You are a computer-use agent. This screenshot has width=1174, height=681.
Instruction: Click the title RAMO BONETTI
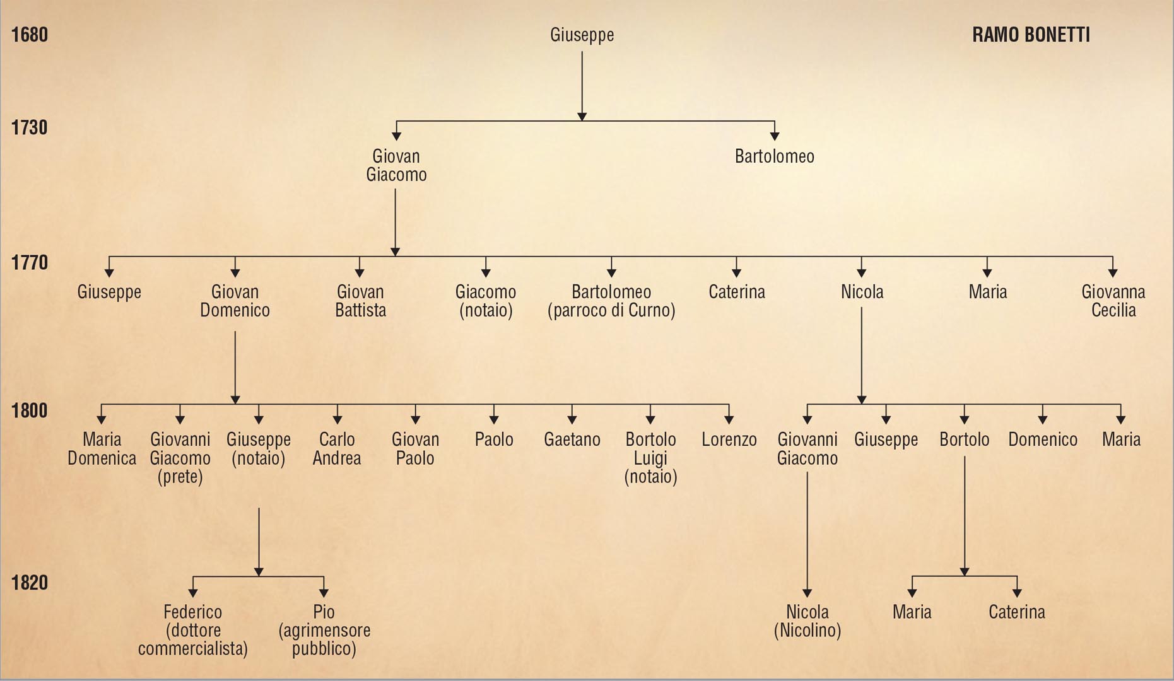click(1030, 35)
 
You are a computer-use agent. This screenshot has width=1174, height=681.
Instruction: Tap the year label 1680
click(30, 34)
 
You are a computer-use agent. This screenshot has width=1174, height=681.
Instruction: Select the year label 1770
click(30, 262)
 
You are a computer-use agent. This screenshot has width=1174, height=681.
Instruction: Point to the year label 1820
click(30, 582)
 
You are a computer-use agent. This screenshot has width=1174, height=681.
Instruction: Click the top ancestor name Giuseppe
click(582, 35)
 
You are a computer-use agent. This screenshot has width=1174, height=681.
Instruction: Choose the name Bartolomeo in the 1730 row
click(774, 156)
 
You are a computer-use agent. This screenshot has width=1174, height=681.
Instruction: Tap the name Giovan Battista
click(360, 301)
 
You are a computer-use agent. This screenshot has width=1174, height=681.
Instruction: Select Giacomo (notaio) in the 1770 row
click(486, 301)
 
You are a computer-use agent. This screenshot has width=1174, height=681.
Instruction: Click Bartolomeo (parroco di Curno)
click(611, 301)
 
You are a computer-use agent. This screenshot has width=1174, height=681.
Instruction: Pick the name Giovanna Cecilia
click(1113, 301)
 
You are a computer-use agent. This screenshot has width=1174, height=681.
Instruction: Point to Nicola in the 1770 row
click(862, 292)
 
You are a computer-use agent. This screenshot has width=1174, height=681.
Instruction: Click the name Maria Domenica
click(102, 448)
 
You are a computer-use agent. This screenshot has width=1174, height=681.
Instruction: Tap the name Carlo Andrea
click(337, 448)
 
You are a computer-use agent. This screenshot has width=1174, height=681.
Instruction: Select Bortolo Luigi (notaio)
click(650, 458)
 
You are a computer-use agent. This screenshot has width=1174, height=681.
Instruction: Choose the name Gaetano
click(572, 439)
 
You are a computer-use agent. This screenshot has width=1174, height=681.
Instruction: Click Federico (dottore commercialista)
click(193, 630)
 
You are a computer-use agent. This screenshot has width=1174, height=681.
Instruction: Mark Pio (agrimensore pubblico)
click(324, 630)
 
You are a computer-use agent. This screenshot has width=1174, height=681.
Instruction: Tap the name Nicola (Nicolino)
click(807, 620)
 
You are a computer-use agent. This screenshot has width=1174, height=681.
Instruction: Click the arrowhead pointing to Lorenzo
click(729, 419)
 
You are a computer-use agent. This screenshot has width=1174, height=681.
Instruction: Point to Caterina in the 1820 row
click(1016, 612)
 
